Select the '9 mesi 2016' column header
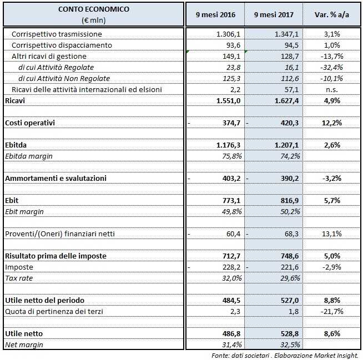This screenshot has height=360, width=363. (x=214, y=14)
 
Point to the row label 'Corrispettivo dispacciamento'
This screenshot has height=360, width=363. (x=62, y=45)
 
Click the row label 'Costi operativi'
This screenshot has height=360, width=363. (x=31, y=122)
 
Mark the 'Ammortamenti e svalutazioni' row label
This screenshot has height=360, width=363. (x=55, y=178)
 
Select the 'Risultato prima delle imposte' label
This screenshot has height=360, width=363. (x=56, y=256)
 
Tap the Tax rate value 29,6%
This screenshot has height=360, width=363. (x=288, y=278)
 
